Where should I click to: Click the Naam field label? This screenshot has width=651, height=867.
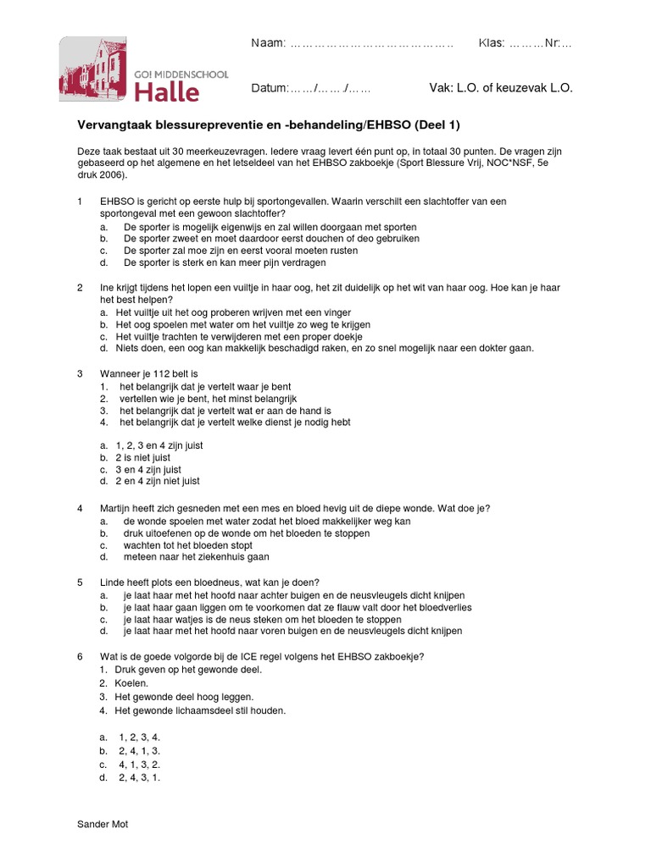click(269, 43)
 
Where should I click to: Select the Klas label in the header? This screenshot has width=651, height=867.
click(492, 43)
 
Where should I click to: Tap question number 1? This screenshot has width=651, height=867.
click(80, 202)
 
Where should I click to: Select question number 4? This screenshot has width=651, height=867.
click(80, 508)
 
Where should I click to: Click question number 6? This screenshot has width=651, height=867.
click(80, 656)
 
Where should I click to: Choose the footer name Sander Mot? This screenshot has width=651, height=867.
click(103, 823)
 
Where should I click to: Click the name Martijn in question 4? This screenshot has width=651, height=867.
click(117, 508)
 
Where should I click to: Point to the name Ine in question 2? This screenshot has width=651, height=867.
click(107, 288)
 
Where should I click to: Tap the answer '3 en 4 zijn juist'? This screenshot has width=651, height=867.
click(148, 470)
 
